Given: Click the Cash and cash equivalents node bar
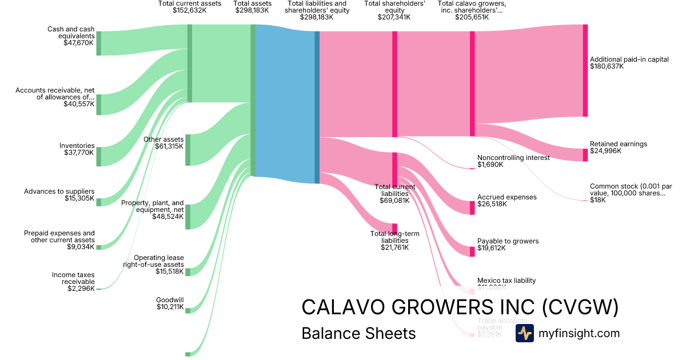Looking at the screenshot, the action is (98, 43).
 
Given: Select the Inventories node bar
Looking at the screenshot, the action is (98, 157).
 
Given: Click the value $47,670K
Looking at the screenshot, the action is (79, 42).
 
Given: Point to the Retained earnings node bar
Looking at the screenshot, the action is (585, 155).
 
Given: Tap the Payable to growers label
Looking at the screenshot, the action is (508, 241).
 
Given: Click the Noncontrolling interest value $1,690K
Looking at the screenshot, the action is (490, 165).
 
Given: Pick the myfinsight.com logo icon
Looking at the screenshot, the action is (524, 333).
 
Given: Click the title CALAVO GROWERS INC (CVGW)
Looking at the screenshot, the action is (460, 307).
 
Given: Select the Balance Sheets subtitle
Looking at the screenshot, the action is (358, 333).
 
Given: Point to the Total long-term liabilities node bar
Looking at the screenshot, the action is (394, 229).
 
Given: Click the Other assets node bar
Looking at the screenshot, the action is (188, 150).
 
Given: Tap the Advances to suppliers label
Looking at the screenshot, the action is (59, 191).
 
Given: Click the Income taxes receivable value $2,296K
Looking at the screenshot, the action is (81, 289).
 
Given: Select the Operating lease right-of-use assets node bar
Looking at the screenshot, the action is (188, 271).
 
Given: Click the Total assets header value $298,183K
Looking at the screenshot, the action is (252, 10).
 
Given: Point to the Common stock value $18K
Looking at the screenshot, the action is (598, 200).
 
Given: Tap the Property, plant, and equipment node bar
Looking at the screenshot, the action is (188, 217).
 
